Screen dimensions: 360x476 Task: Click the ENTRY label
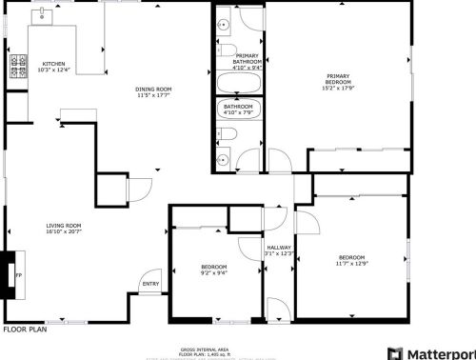coord(150,284)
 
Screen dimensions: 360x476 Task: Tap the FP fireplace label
coord(17,276)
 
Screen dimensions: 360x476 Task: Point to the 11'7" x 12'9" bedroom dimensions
coord(351,264)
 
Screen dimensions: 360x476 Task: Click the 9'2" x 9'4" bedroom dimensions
coord(213,273)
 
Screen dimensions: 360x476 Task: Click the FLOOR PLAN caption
coord(23,330)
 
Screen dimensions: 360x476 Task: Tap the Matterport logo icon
coord(395,351)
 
